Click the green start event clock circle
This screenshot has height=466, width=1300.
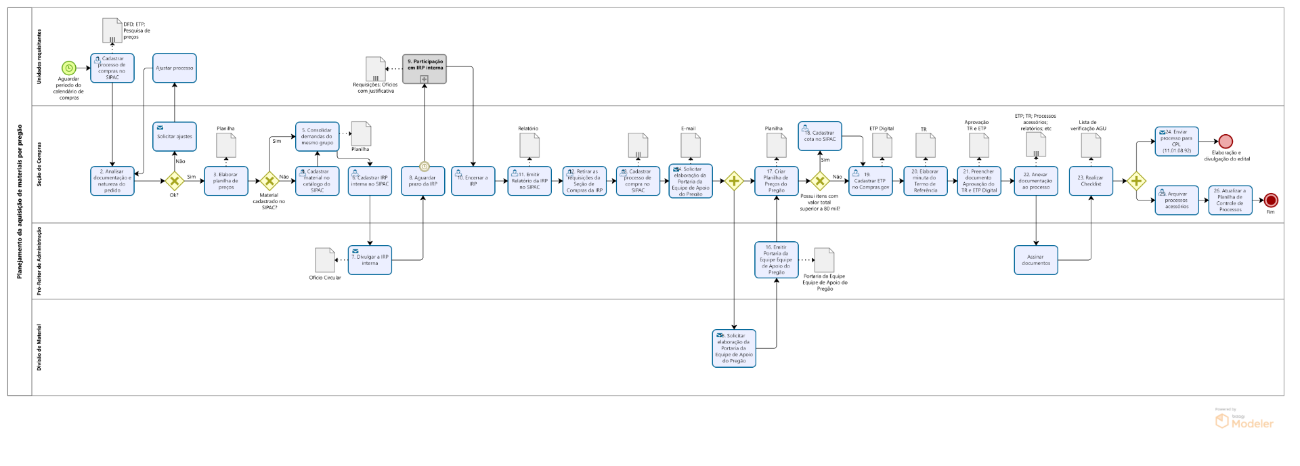(68, 68)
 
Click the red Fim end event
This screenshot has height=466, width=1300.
(1271, 200)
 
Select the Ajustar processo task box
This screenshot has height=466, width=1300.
(175, 68)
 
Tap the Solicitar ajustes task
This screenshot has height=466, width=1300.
(175, 136)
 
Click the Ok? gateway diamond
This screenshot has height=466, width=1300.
(175, 181)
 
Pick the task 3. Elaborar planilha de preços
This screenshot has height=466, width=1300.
(225, 181)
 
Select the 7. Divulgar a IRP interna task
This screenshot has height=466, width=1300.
(370, 259)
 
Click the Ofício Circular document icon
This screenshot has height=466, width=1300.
(325, 260)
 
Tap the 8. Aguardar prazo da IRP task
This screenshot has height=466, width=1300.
(422, 181)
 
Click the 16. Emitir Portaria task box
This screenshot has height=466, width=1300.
(776, 259)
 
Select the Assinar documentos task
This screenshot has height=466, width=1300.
(1035, 259)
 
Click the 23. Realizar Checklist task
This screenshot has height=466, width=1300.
(1090, 181)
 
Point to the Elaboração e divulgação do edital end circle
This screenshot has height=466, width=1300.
(1226, 142)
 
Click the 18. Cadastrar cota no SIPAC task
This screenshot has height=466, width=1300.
(819, 135)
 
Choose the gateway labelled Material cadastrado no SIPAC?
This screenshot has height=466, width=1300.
(269, 181)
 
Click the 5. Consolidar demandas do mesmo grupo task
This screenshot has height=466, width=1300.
(317, 136)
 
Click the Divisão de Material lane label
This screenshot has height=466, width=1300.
(39, 347)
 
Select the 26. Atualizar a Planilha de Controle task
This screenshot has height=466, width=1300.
(1230, 200)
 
